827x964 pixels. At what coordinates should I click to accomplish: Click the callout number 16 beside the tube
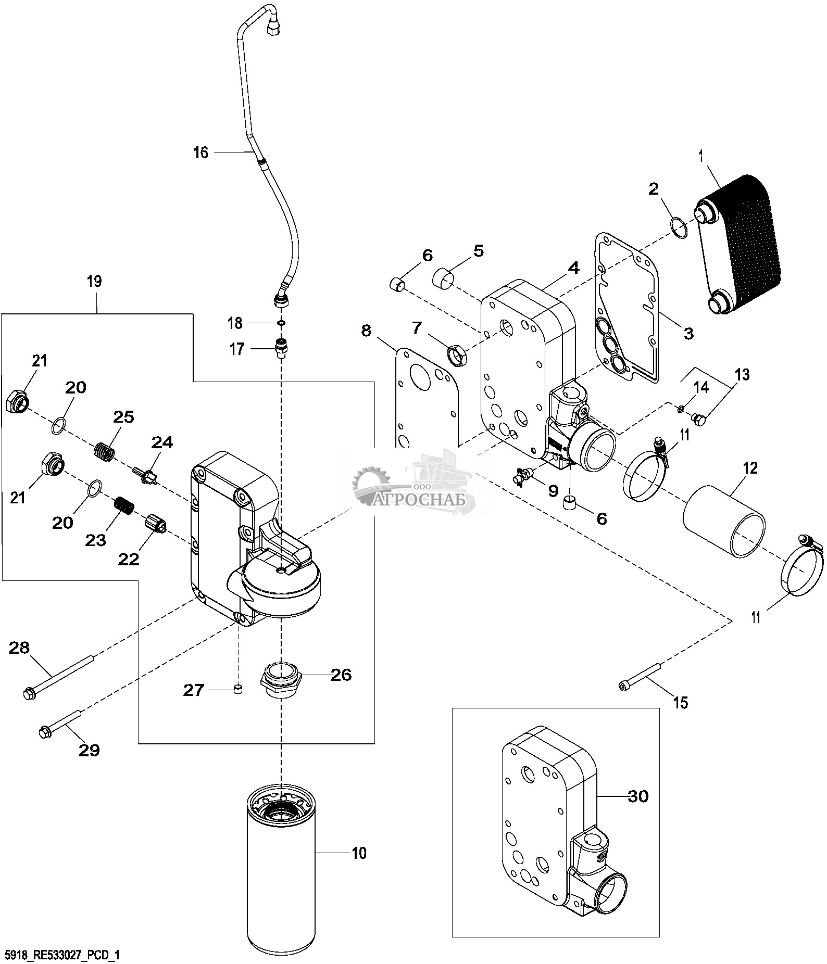(x=200, y=153)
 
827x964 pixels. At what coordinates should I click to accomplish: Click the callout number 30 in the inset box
(x=639, y=796)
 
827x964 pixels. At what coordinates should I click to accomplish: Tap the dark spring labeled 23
(x=125, y=505)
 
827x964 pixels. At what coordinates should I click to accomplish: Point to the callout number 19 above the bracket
(x=94, y=282)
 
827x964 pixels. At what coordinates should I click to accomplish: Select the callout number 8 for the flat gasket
(x=367, y=330)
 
